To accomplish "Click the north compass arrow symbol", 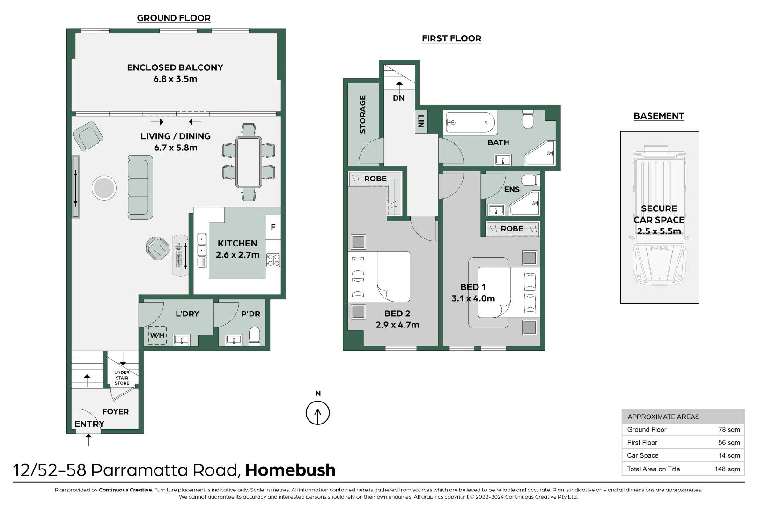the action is coord(317,413).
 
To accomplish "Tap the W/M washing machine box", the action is coord(157,335).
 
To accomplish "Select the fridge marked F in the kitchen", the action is coord(273,227).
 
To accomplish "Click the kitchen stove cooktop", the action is coord(273,260).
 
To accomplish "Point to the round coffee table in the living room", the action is coord(104,188).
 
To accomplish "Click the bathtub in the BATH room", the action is coord(470,123).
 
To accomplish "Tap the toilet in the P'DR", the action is coord(254,335).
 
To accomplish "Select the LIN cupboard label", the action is coord(421,121).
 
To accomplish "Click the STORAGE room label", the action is coord(362,114).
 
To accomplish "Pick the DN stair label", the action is coord(398,98).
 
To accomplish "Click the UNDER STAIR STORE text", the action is coord(122,378).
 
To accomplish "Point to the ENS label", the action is coord(511,189).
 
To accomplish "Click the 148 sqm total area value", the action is coord(727,469).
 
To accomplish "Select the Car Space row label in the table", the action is coord(642,455).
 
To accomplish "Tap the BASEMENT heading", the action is coord(658,116).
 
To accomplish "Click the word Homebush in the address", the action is coord(290,470).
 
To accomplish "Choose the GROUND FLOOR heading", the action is coord(174,18).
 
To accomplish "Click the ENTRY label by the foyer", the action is coord(89,424).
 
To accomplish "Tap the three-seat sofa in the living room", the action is coord(140,187).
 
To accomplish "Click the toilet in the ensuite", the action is coord(529,180).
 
